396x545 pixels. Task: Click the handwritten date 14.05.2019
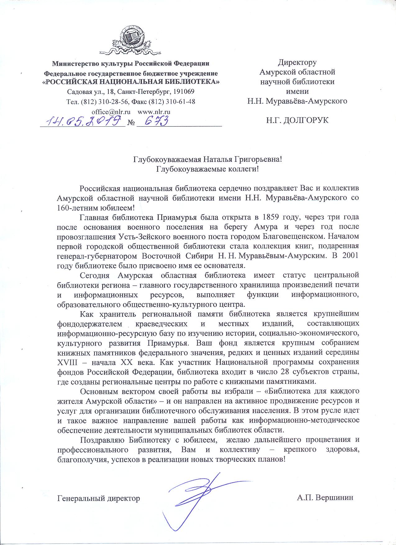tap(83, 120)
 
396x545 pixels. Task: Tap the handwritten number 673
tap(157, 120)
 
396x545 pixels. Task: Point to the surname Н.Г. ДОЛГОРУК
tap(297, 120)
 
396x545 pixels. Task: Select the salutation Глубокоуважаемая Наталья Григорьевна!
tap(207, 160)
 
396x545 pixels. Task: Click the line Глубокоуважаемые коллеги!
tap(207, 169)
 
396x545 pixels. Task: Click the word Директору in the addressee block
tap(297, 62)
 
